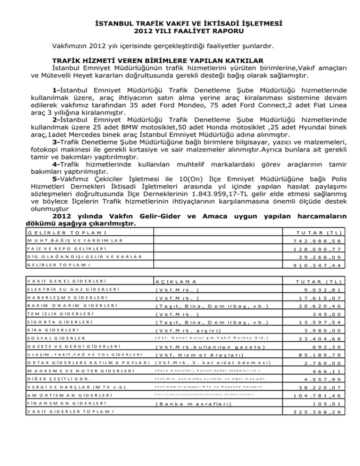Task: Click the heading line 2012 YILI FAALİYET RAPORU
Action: (x=180, y=32)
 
